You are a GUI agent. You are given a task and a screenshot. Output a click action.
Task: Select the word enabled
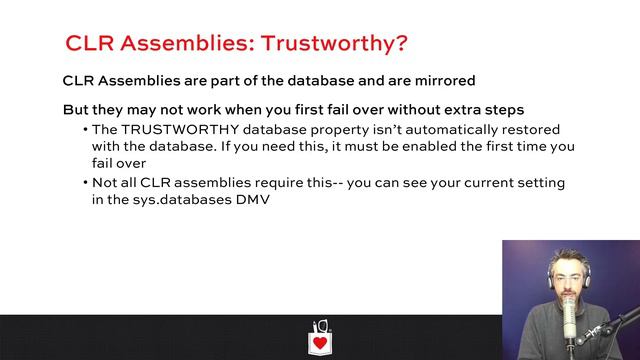[x=416, y=146]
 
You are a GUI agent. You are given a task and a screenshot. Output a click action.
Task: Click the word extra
[x=455, y=108]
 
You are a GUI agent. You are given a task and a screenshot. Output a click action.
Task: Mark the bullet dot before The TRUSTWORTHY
[x=85, y=130]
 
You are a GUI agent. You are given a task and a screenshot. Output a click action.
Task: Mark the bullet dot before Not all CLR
[x=85, y=183]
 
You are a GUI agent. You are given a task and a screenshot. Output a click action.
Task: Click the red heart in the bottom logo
[x=320, y=343]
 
